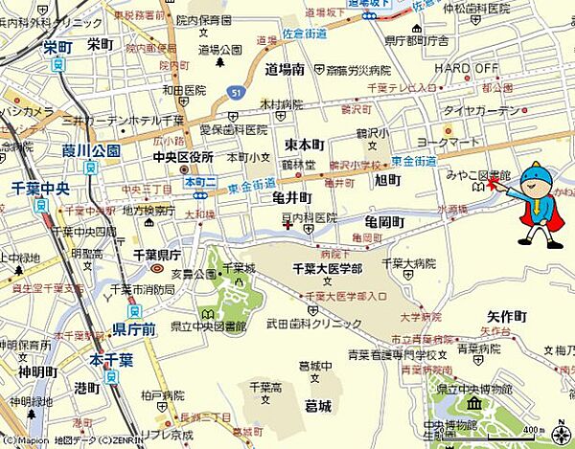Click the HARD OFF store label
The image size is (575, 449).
click(467, 68)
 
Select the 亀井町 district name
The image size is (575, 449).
click(292, 198)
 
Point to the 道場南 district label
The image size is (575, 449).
click(285, 69)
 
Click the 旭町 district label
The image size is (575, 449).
click(387, 180)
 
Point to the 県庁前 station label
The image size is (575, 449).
click(133, 328)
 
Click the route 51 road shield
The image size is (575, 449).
click(235, 91)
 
